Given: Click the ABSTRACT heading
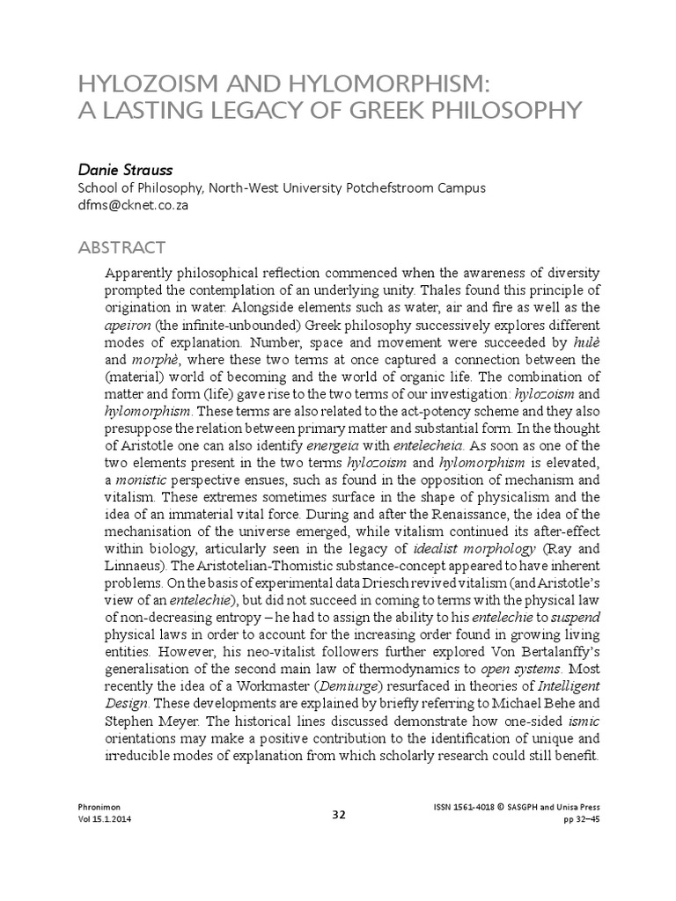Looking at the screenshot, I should coord(121,245).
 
